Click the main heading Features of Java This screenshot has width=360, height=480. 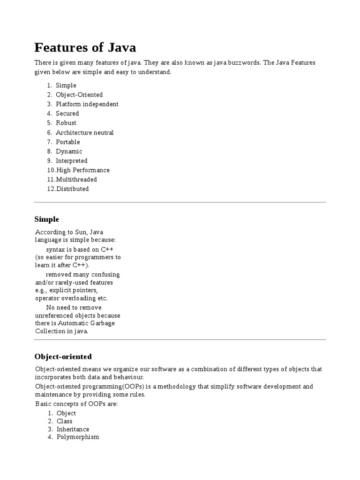coord(85,48)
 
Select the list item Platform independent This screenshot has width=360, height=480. coord(87,104)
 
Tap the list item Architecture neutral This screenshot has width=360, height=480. coord(84,133)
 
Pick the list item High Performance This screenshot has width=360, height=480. coord(82,170)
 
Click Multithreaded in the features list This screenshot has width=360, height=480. coord(76,180)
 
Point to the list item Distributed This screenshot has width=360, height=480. coord(72,189)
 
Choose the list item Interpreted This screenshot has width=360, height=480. coord(71,161)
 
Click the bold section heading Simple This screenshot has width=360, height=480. coord(47,219)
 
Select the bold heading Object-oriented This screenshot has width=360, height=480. coord(63,357)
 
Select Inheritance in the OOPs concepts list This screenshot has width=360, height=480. coord(73,429)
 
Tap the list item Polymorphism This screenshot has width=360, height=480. coord(78,437)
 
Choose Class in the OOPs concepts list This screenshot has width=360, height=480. coord(65,421)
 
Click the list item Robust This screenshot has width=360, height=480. coord(66,123)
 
